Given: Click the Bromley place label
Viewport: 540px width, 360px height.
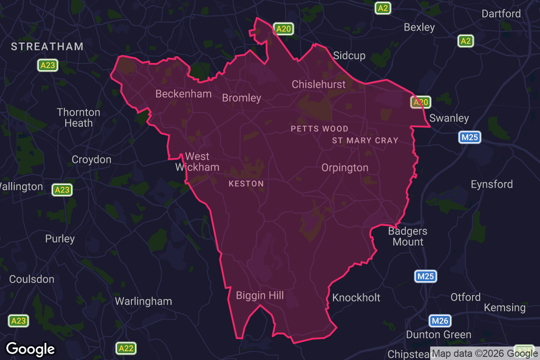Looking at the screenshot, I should click(242, 98).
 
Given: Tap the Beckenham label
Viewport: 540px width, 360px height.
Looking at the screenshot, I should click(183, 94).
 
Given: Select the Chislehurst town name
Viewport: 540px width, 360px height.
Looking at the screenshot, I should click(319, 84).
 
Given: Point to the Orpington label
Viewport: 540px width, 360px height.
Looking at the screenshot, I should click(345, 168).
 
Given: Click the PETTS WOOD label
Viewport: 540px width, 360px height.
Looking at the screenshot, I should click(319, 129).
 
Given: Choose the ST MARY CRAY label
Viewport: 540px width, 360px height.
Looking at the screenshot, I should click(365, 140).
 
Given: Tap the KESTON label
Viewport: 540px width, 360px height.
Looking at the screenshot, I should click(246, 184).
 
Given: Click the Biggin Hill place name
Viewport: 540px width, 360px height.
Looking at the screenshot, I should click(260, 295).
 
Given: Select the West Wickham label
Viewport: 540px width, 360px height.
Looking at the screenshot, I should click(197, 162).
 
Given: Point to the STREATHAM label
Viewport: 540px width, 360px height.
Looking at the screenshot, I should click(47, 46).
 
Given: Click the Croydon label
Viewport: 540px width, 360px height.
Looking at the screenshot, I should click(91, 160).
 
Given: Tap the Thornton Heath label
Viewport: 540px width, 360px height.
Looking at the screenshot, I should click(78, 117).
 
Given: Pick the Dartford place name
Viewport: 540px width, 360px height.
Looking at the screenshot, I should click(501, 14).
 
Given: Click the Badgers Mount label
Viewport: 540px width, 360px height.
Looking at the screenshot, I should click(408, 237).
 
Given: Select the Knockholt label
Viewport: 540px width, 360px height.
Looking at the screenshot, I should click(356, 297).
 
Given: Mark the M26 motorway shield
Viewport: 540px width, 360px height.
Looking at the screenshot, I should click(439, 321).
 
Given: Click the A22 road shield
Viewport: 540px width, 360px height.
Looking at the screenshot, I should click(126, 348).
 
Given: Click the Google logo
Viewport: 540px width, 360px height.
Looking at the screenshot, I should click(31, 349).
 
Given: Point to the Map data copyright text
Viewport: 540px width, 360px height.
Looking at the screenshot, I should click(485, 353).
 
